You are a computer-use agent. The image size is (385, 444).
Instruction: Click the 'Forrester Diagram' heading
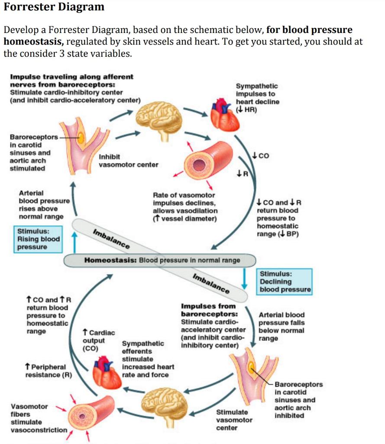coord(54,7)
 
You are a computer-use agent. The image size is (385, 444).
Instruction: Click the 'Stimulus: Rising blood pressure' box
coord(37,239)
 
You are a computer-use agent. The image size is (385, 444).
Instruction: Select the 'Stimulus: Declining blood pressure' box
coord(285,281)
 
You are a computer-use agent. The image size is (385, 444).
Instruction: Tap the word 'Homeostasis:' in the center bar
coord(110,261)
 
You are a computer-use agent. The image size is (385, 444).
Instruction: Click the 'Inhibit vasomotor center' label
coord(128,160)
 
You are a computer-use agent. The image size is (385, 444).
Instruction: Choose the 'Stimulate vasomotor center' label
coord(234,420)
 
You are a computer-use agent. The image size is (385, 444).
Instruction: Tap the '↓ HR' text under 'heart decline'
coord(247,110)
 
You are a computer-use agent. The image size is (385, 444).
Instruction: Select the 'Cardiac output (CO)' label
coord(98,340)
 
